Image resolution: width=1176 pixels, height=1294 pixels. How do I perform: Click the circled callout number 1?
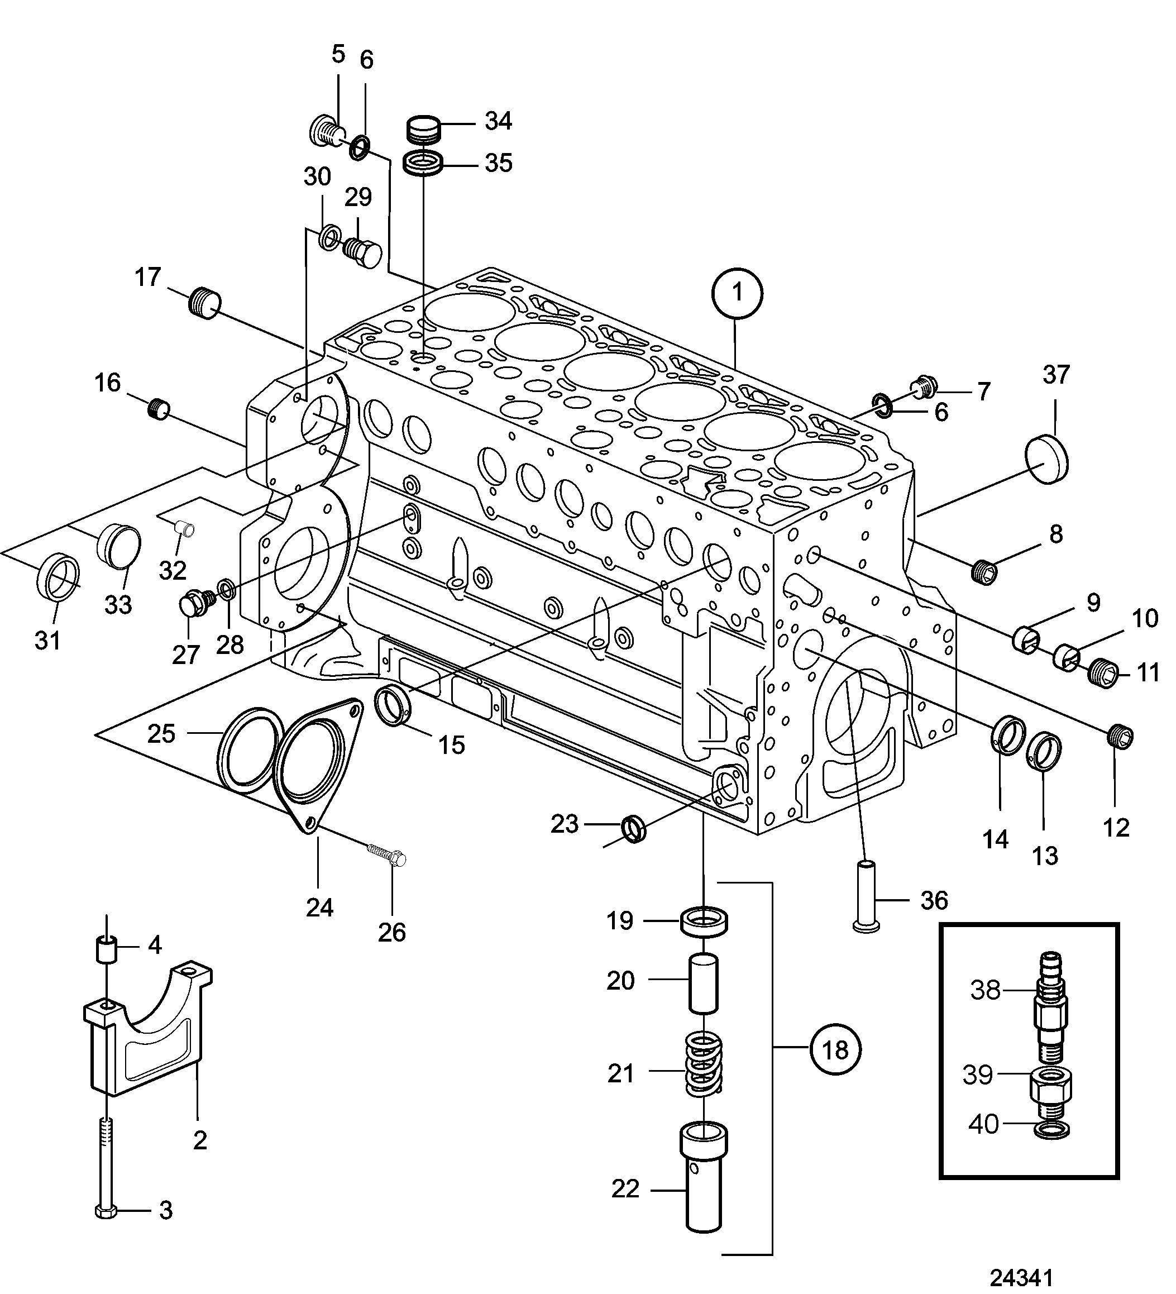(737, 293)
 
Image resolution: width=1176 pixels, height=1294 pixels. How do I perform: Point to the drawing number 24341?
(1021, 1276)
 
